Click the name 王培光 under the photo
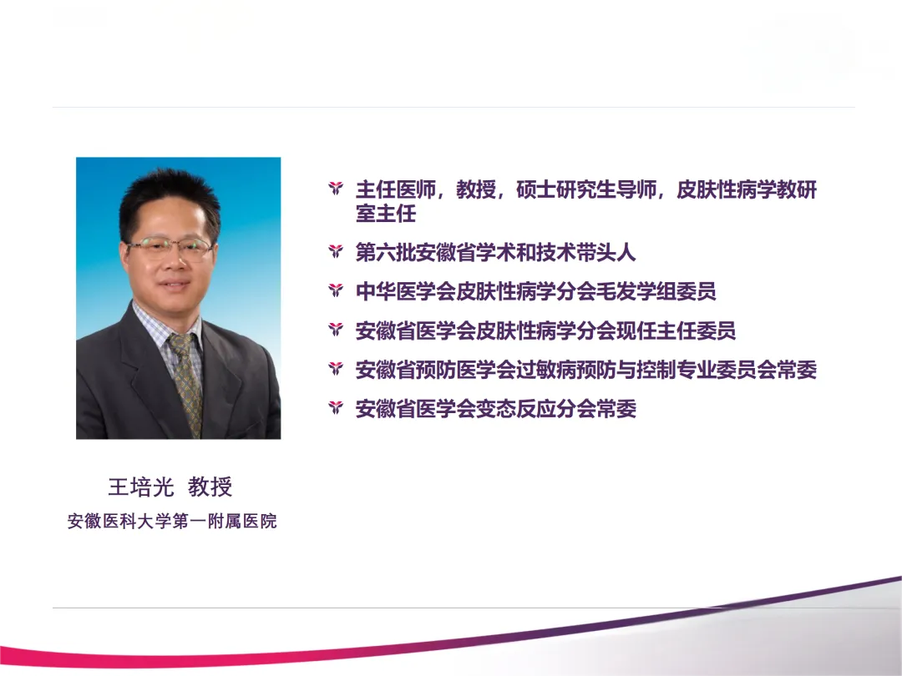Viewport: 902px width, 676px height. click(x=141, y=487)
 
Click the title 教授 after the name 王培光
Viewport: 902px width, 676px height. click(x=210, y=487)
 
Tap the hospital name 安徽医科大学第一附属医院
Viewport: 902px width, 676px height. click(x=172, y=521)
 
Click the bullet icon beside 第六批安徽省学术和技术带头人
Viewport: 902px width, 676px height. click(x=336, y=252)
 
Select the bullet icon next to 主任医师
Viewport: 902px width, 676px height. click(x=336, y=189)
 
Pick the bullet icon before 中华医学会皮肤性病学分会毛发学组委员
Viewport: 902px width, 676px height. click(x=336, y=291)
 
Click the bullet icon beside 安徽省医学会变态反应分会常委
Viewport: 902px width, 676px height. click(x=336, y=408)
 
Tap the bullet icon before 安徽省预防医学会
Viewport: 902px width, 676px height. click(x=336, y=369)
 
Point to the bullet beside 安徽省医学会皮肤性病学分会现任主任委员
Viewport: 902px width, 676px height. click(x=336, y=330)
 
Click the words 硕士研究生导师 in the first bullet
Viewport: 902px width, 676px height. click(x=586, y=189)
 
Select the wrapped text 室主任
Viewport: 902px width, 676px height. click(x=385, y=214)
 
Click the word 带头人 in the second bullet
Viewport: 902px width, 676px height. click(x=606, y=252)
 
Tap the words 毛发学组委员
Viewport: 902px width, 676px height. click(x=656, y=291)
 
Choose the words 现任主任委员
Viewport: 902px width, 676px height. click(x=676, y=330)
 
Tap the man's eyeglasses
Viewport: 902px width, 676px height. click(x=170, y=247)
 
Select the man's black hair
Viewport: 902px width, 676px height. click(x=167, y=195)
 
